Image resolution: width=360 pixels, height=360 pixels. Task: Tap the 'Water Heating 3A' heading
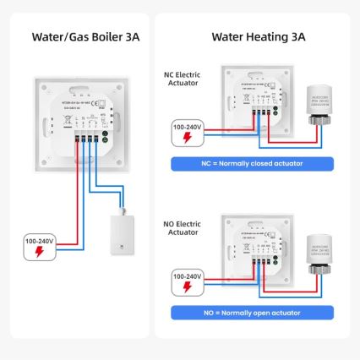click(x=259, y=36)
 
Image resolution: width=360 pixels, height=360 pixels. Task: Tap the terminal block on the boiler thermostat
click(x=87, y=134)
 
